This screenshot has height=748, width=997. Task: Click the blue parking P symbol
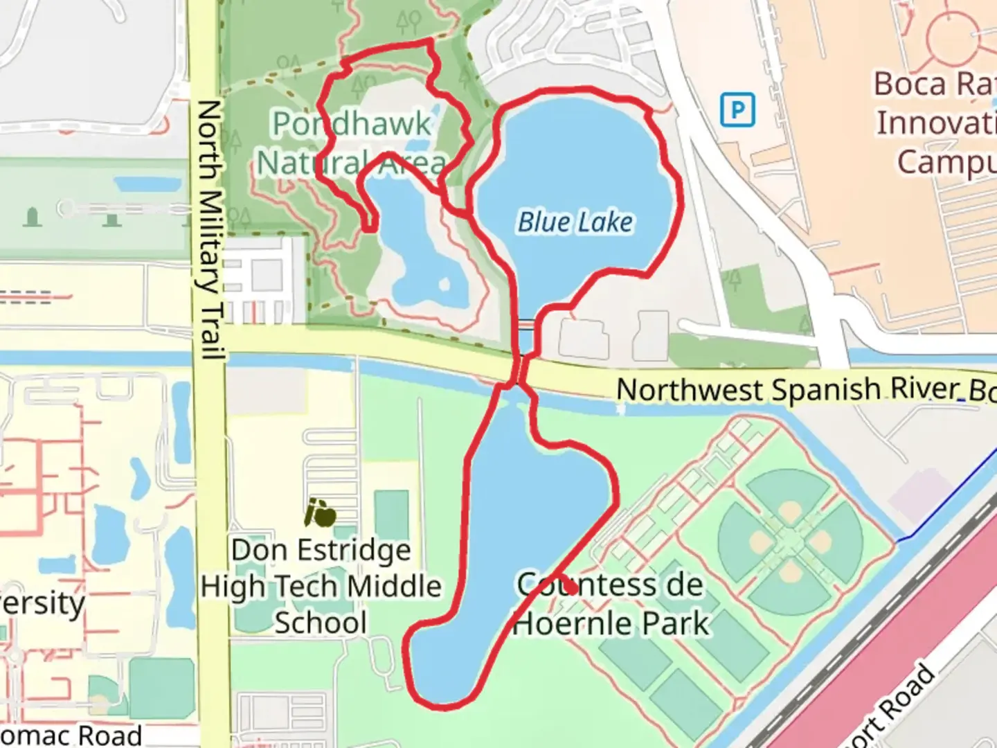[x=737, y=110]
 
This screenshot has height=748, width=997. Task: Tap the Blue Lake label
[x=575, y=222]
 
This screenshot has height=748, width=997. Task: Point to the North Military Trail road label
[x=209, y=229]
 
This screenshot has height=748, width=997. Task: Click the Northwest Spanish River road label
[x=803, y=390]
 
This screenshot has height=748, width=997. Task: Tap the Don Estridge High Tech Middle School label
[x=321, y=586]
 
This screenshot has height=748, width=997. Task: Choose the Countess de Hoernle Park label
[x=611, y=604]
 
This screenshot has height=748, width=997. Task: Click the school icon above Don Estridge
[x=321, y=513]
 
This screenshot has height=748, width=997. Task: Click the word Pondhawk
[x=352, y=125]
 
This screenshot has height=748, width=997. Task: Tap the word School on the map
[x=321, y=622]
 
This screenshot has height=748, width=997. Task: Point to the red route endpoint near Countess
[x=570, y=588]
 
